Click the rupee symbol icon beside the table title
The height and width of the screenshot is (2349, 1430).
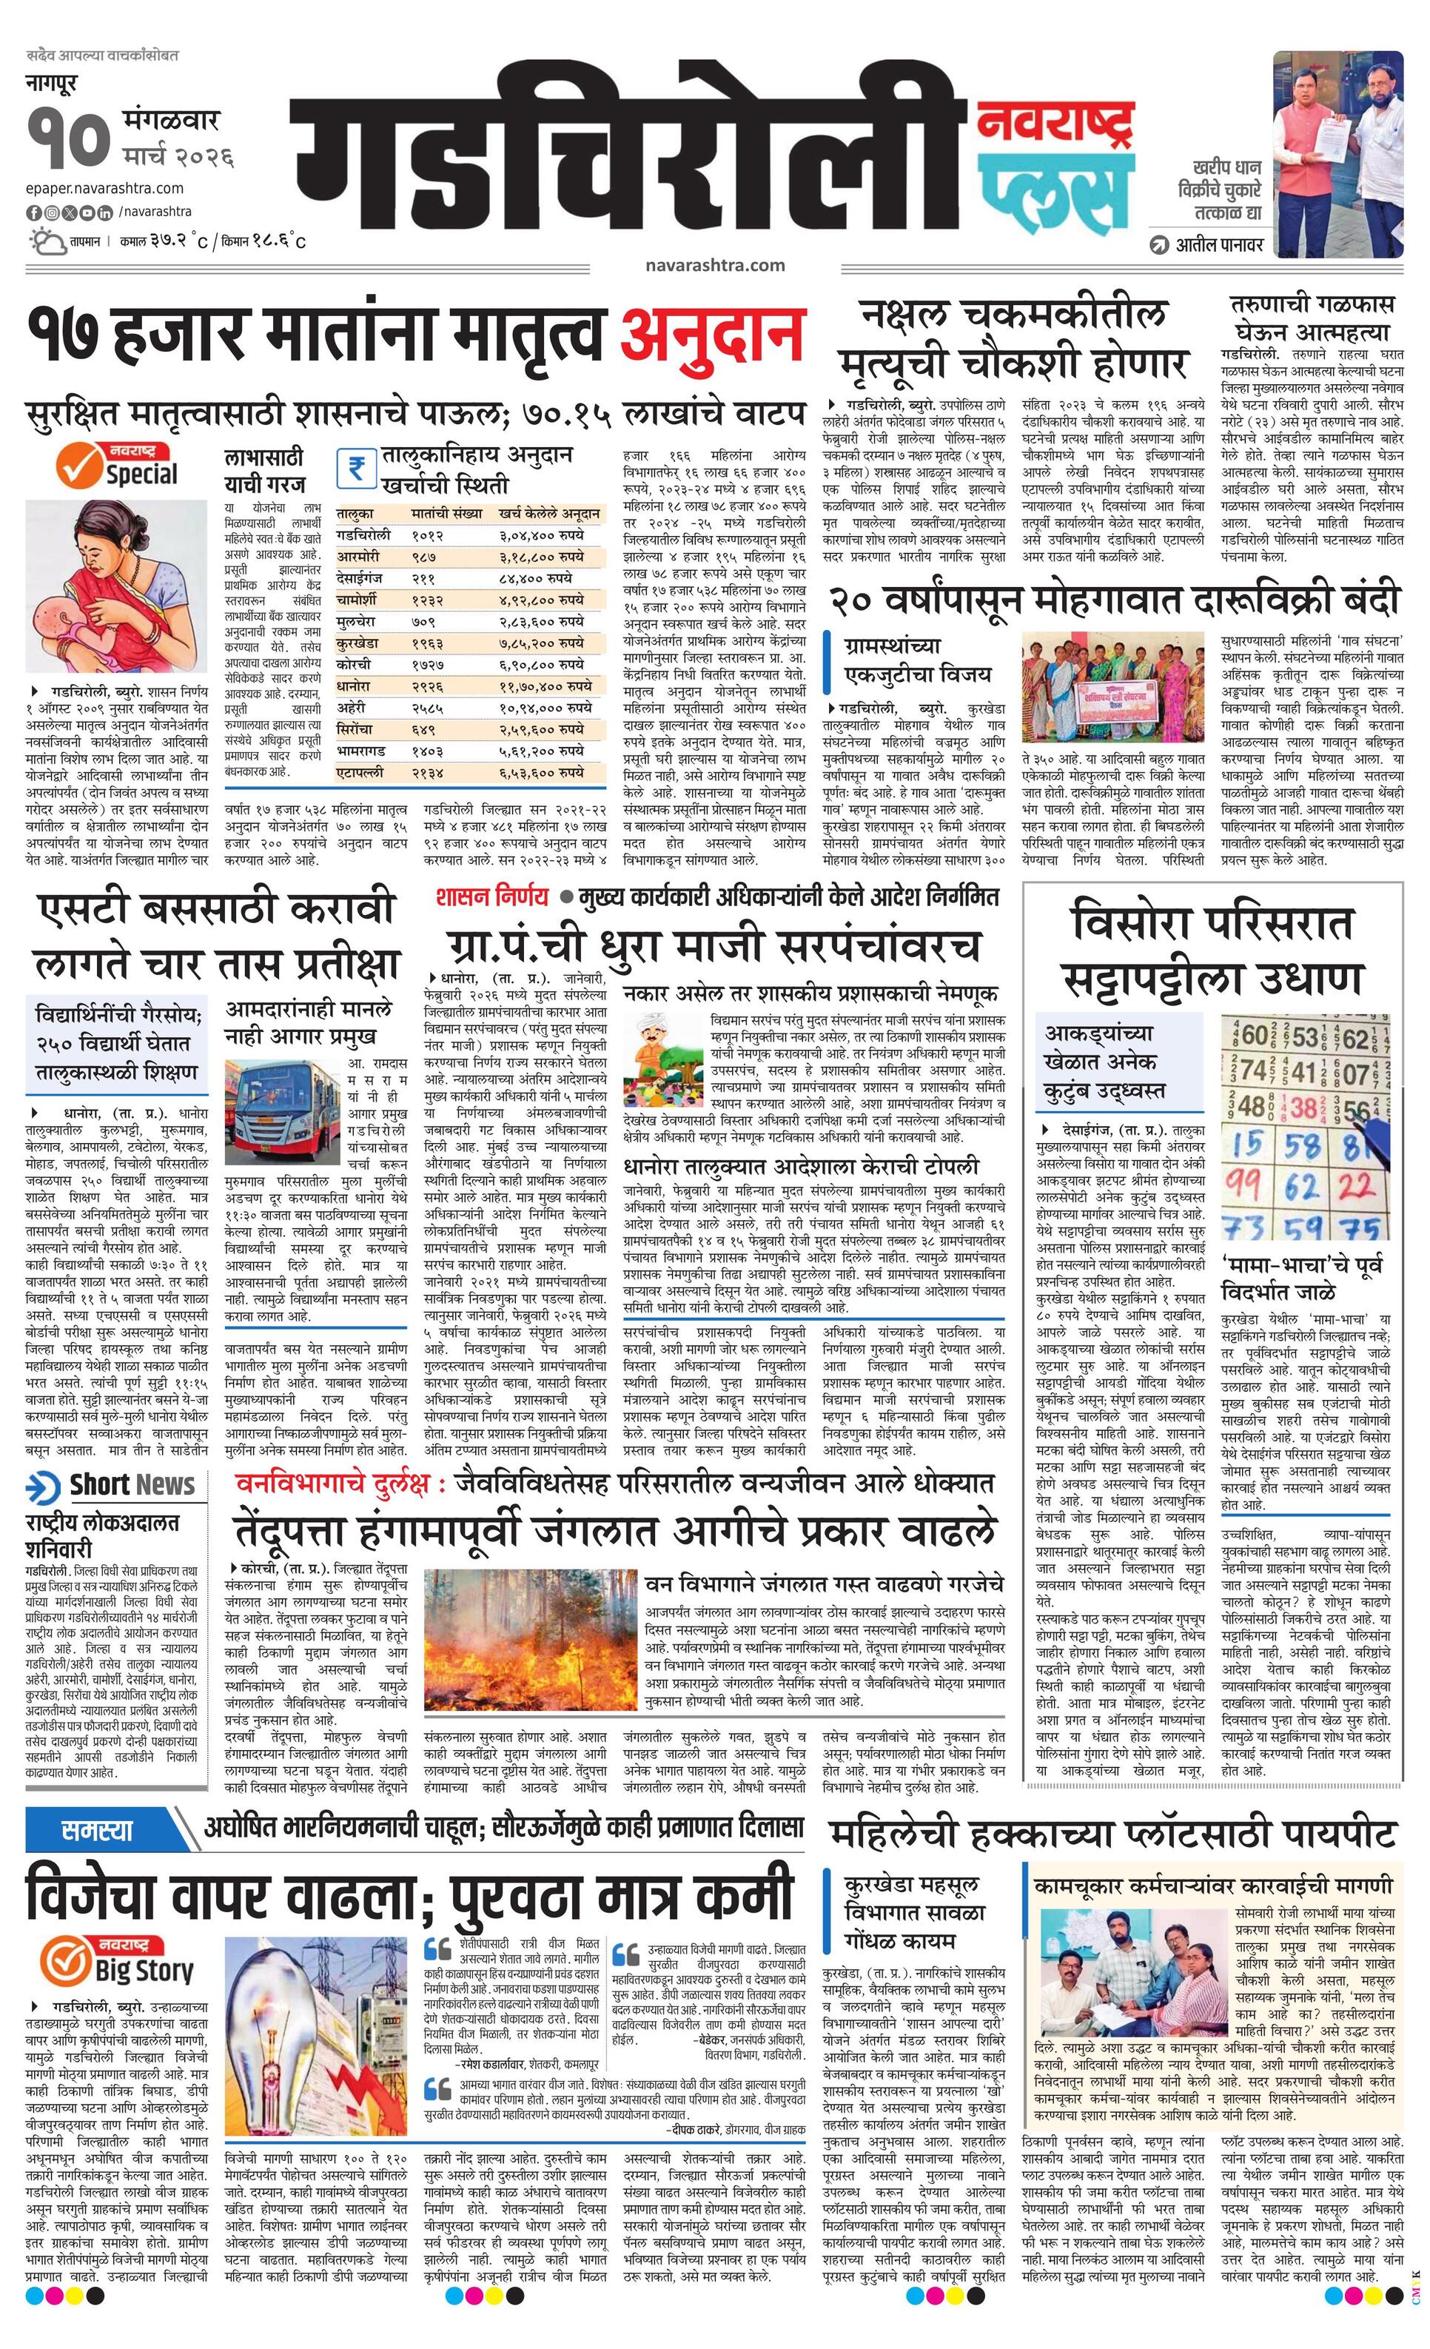pyautogui.click(x=355, y=468)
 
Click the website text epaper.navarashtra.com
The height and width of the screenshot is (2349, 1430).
pyautogui.click(x=105, y=189)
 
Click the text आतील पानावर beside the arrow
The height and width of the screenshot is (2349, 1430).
pyautogui.click(x=1219, y=245)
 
